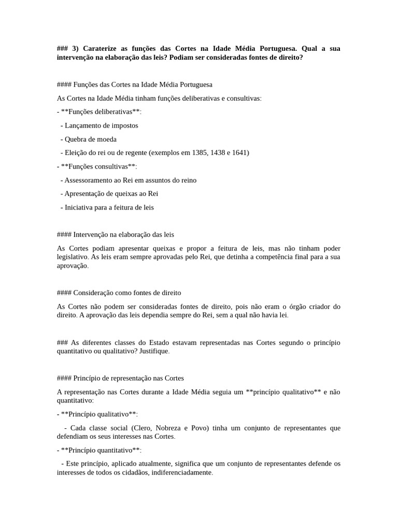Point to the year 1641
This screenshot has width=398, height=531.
click(240, 153)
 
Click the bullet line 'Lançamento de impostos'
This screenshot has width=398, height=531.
click(101, 125)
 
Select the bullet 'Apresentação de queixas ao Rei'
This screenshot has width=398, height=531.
click(111, 193)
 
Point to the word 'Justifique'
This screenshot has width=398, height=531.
click(154, 352)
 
